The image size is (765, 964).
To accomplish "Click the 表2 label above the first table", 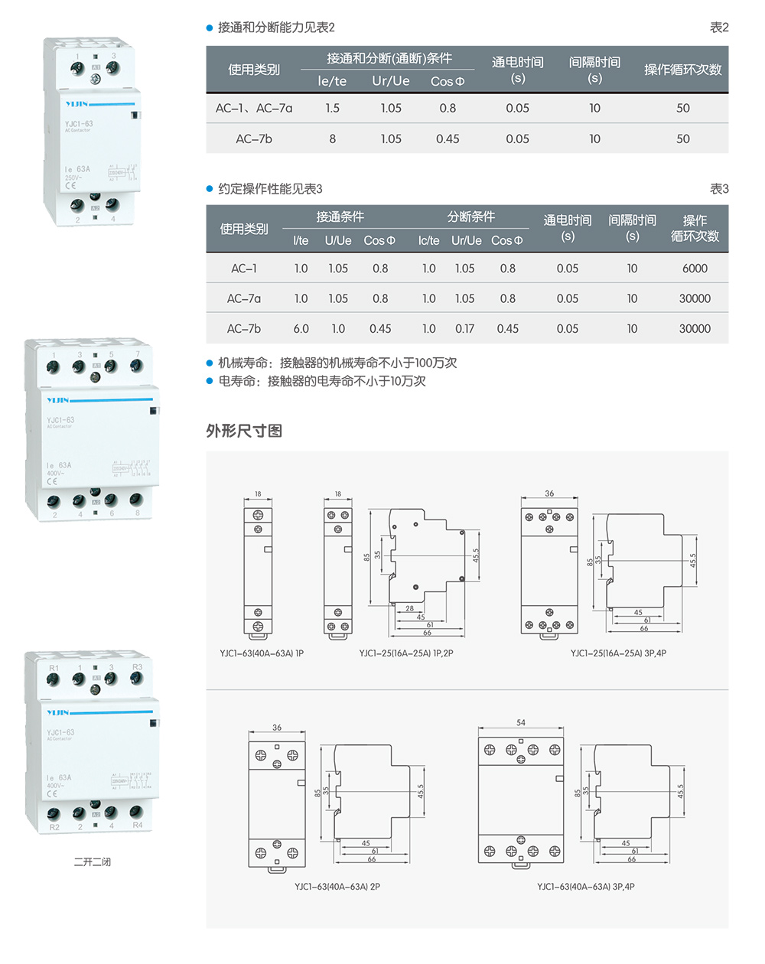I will point(719,28).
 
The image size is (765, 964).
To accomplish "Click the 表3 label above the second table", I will point(719,189).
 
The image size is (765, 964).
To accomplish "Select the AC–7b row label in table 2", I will point(254,138).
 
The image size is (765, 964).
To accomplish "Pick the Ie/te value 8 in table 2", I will point(332,138).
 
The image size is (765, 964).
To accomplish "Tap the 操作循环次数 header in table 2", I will point(682,70).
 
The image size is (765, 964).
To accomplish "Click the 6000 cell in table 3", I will point(695,269).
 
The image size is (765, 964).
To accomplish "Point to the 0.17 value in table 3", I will point(464,329).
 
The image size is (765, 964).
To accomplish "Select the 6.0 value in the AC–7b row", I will point(301,329).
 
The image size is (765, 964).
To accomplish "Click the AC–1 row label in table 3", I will point(244,269).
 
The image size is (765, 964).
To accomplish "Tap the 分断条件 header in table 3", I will point(471,217).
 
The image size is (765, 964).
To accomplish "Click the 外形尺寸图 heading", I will point(244,431).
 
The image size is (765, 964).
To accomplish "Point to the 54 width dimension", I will point(521,722).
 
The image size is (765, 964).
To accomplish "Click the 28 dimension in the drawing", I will point(410,609).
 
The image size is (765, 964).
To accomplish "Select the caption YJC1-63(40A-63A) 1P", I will point(262,653).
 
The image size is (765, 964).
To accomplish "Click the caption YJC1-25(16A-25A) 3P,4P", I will point(618,653).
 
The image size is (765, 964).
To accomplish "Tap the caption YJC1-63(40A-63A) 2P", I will point(337,887).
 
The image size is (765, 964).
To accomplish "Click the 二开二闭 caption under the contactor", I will point(93,862).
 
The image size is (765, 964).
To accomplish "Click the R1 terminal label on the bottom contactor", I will point(54,668).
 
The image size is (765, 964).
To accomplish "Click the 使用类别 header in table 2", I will point(254,70).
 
